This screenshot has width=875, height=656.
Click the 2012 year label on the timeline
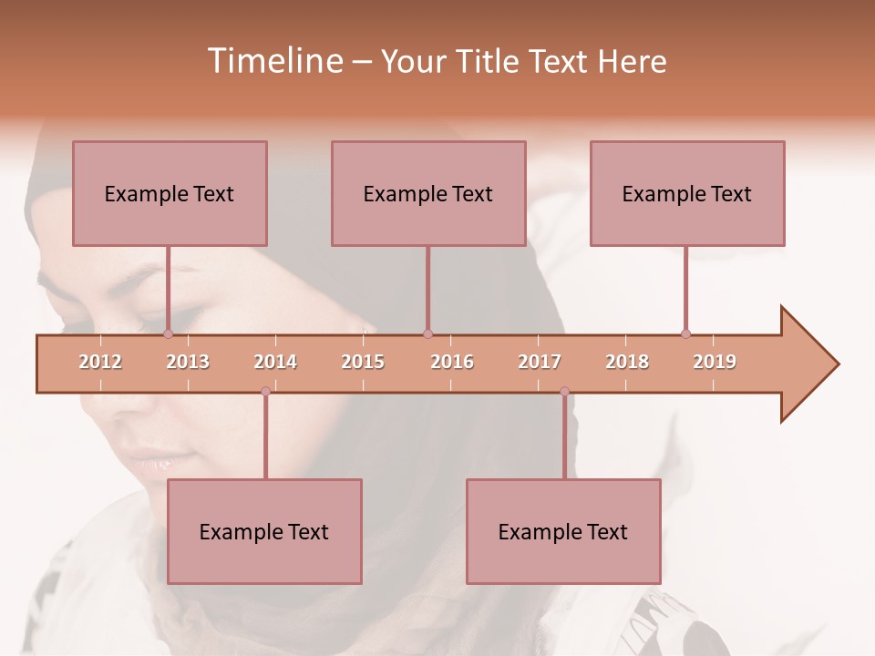coord(100,362)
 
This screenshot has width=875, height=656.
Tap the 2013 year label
coord(188,362)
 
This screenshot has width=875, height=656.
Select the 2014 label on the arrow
coord(275,362)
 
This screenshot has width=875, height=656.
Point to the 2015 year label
coord(363,362)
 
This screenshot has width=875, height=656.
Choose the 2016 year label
coord(452,362)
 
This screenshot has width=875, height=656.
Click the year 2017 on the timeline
coord(540,362)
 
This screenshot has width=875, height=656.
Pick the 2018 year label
coord(627,362)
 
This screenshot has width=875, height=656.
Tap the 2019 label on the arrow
coord(715,362)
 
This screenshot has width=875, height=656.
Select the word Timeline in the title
coord(273,61)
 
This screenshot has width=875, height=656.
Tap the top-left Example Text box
coord(170,193)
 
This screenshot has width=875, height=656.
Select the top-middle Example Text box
coord(428,193)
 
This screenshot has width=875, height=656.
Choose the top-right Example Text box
coord(687,193)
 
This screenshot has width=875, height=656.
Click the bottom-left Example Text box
coord(264,531)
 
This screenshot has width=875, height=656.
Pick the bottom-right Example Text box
coord(563,531)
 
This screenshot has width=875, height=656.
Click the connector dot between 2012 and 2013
coord(168,333)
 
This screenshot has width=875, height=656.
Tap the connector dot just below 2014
coord(265,392)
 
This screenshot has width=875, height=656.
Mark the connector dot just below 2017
coord(564,392)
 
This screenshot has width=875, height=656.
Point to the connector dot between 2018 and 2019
coord(685,333)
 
